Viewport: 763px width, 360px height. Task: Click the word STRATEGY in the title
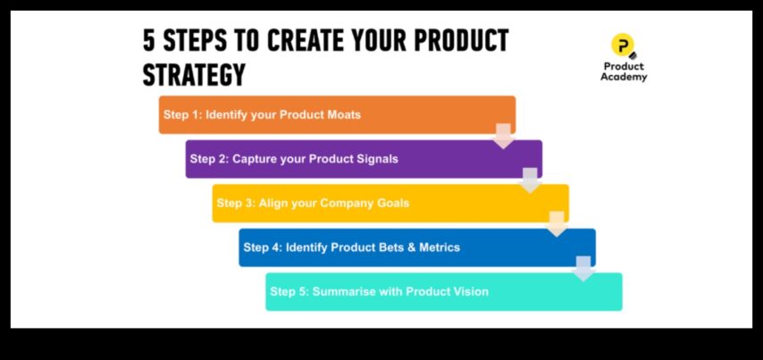point(194,75)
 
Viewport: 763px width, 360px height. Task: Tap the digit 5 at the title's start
point(148,40)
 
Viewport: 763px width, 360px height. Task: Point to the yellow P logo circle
point(623,46)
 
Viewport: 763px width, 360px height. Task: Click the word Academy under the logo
point(624,77)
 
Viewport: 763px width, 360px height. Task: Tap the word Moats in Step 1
point(344,115)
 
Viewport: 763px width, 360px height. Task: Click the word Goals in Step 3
point(393,203)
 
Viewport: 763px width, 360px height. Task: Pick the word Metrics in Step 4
point(440,247)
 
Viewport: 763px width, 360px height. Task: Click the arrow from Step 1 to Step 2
point(503,136)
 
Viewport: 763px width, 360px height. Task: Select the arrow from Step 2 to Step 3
point(530,180)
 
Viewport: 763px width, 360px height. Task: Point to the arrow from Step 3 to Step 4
point(557,224)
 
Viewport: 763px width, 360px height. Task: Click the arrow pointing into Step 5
point(583,269)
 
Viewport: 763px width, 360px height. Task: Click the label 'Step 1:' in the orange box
point(182,115)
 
